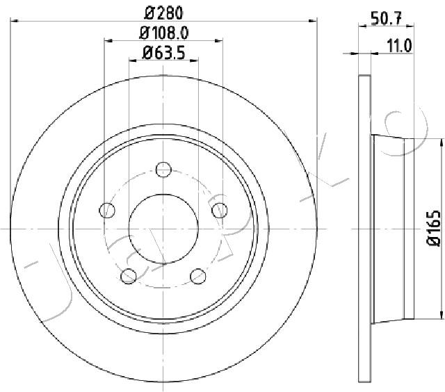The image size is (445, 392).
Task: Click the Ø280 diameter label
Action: [163, 13]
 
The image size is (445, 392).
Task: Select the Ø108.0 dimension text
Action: [164, 33]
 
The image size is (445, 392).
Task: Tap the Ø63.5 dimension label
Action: [164, 53]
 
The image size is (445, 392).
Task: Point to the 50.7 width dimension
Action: [387, 19]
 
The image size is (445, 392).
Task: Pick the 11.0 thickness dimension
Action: [399, 46]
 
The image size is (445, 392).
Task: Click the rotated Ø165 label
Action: [434, 229]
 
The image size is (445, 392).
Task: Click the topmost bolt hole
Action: [163, 170]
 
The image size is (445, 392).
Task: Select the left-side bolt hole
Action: [107, 211]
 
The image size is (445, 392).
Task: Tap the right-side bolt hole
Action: [220, 211]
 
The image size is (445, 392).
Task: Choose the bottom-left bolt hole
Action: [129, 276]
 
